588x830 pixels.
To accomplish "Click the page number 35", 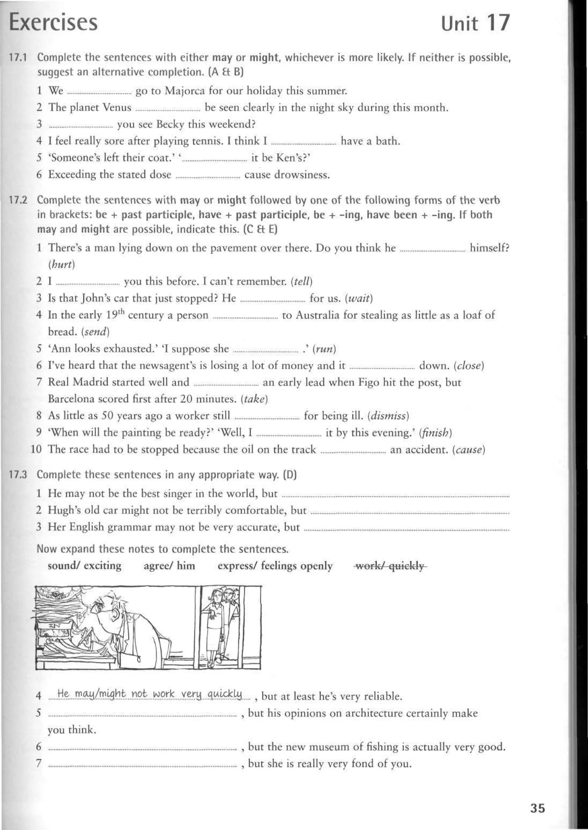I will (537, 808).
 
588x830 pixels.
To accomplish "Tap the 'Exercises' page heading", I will (53, 22).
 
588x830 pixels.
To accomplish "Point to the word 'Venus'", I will (117, 107).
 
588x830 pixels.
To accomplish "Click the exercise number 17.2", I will (18, 200).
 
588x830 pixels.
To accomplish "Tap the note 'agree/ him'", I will (169, 566).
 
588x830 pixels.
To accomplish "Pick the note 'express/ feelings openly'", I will (275, 566).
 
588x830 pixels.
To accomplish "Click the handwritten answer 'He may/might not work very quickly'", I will (150, 694).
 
